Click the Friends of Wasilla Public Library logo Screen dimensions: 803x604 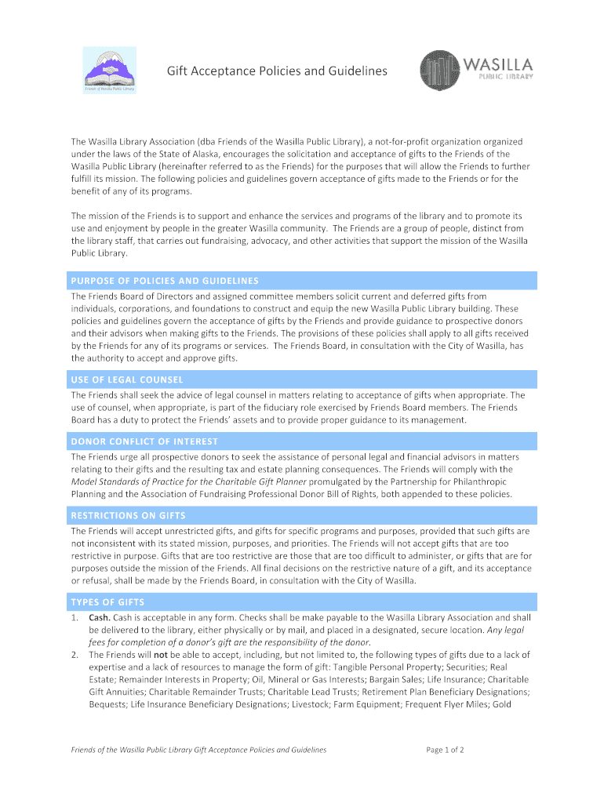point(110,71)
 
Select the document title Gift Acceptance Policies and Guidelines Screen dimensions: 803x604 point(277,71)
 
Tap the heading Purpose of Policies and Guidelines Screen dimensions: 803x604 point(165,281)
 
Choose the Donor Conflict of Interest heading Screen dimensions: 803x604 point(144,441)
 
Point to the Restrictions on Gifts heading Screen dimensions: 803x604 point(129,516)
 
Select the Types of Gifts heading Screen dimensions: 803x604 point(107,602)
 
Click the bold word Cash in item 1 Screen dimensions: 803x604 point(99,617)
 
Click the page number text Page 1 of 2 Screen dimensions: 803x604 point(446,750)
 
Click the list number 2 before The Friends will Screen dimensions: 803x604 point(75,655)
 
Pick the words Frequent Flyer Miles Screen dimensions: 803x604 point(449,705)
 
